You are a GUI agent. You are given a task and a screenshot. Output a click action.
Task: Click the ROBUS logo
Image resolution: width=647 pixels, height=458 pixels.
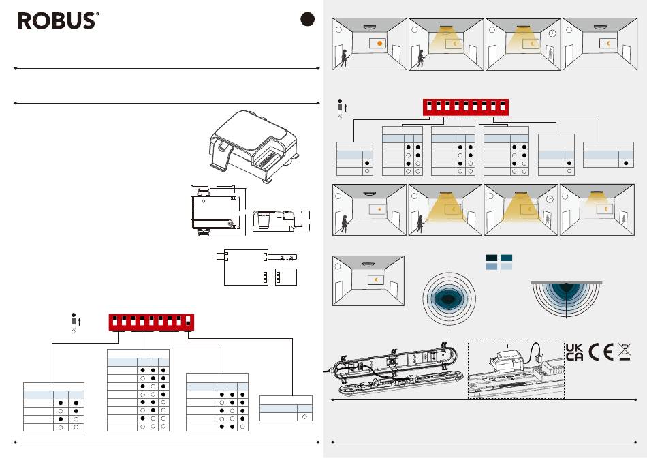point(58,20)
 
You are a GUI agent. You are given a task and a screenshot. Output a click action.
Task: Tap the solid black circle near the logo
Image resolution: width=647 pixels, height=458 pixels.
point(307,19)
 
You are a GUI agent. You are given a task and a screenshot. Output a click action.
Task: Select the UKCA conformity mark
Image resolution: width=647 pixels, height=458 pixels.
point(574,352)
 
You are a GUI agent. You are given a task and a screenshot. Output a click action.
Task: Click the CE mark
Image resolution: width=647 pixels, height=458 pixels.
point(601,352)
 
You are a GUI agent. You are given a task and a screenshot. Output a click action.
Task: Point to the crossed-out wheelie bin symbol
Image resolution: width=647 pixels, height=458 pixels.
point(625,352)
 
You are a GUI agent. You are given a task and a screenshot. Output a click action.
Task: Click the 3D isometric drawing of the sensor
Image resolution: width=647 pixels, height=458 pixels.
point(253,147)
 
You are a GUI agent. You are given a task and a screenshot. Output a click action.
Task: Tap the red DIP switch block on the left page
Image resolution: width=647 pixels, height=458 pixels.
point(151,322)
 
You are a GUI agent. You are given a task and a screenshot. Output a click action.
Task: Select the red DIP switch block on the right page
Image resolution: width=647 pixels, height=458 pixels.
point(465,108)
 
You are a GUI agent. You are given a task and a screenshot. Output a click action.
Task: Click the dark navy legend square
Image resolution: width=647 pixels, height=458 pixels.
point(492,258)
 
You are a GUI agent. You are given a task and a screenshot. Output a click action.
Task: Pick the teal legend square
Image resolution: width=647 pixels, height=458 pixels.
point(506,258)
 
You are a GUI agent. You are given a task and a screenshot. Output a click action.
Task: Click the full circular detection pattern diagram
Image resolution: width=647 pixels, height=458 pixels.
point(449,298)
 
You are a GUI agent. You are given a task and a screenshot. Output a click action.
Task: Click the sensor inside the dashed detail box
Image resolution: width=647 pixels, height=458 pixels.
point(504,361)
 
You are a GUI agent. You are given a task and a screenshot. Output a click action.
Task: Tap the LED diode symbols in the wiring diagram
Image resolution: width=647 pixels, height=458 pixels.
point(287,258)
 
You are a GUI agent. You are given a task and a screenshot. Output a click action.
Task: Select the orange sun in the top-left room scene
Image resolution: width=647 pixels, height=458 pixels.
point(379,43)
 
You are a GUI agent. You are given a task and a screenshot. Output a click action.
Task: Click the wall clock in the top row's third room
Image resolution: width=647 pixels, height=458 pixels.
point(552,33)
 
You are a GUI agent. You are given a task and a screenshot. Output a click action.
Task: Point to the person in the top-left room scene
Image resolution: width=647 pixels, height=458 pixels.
point(344,57)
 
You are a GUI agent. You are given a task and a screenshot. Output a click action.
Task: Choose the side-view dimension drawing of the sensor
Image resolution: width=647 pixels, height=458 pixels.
point(274,222)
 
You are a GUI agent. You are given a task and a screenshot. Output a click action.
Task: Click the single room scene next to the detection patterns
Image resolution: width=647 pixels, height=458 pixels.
point(368,281)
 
